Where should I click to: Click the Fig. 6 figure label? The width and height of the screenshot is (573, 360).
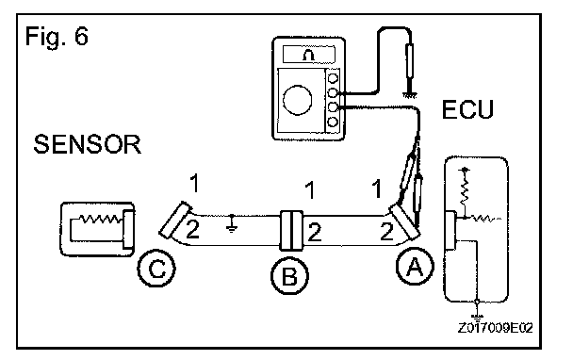tap(57, 37)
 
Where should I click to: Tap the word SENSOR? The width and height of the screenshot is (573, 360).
tap(87, 144)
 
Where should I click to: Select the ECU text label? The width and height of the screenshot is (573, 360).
tap(467, 109)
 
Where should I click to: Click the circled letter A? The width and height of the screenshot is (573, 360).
tap(415, 266)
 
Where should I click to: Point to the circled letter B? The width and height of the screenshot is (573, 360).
tap(289, 275)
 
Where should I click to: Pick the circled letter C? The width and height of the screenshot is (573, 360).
tap(156, 269)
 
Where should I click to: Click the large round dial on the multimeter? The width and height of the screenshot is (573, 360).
tap(298, 100)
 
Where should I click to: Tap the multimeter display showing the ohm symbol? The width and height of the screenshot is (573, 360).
tap(309, 55)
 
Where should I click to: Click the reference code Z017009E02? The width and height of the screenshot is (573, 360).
tap(495, 327)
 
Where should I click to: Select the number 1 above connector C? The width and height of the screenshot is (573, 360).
tap(195, 183)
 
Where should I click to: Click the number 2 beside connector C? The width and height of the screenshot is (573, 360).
tap(193, 230)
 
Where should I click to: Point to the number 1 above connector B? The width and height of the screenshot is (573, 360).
tap(310, 190)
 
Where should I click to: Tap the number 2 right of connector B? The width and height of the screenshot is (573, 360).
tap(315, 232)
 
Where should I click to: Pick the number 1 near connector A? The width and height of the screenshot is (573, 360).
tap(377, 188)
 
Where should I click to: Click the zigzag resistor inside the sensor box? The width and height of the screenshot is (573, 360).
tap(101, 219)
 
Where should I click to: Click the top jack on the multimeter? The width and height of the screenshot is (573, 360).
tap(333, 78)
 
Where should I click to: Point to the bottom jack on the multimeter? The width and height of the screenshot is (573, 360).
tap(333, 122)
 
